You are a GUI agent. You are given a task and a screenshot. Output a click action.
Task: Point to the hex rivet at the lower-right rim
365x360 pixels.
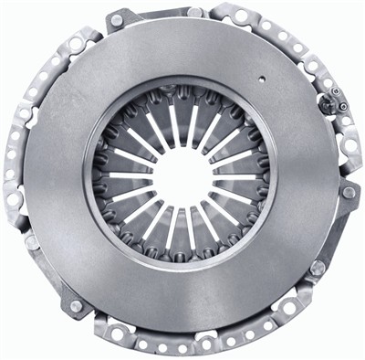[x=317, y=268]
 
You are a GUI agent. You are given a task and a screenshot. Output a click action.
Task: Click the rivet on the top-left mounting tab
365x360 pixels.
[x=118, y=21]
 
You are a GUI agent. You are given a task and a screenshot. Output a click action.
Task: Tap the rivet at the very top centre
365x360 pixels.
[x=193, y=12]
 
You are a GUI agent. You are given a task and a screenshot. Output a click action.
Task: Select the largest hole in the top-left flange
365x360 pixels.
[x=76, y=44]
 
